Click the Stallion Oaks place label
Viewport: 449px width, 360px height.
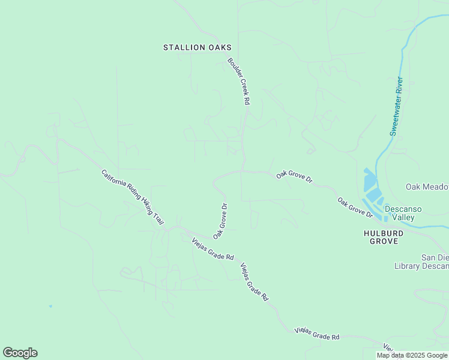197,47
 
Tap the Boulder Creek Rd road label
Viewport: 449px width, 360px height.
238,82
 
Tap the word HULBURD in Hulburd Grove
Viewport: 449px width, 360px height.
381,232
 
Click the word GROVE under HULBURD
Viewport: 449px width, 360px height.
381,241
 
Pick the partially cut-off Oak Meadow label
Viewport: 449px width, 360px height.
427,187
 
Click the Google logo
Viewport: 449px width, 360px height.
20,353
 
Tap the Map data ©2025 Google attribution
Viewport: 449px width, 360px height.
412,356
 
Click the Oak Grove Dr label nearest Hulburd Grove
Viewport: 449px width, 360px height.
355,207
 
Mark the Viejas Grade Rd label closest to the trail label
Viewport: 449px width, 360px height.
212,249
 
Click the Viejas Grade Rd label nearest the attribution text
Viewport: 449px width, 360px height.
317,334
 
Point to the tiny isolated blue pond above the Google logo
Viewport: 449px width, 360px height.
50,306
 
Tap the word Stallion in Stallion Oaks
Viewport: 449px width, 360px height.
182,47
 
